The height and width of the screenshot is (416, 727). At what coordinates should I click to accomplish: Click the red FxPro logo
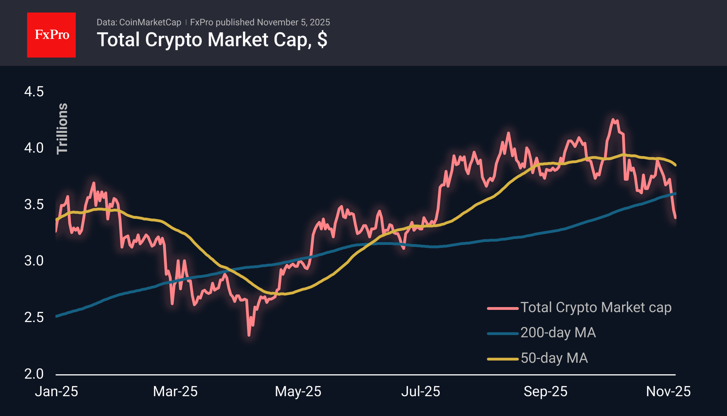click(x=51, y=35)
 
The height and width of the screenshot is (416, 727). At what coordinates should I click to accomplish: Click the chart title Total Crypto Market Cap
click(x=212, y=40)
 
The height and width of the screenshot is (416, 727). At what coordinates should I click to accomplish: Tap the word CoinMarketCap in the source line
click(x=150, y=22)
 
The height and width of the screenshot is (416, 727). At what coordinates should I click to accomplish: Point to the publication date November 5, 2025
click(x=293, y=22)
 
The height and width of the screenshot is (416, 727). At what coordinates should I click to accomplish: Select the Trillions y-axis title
click(x=62, y=129)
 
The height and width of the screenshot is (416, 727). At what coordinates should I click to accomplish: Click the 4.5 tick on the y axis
click(x=34, y=92)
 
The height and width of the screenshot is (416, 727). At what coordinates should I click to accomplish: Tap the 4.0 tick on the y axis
click(x=34, y=148)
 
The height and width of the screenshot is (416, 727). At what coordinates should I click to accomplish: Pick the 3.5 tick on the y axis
click(x=34, y=205)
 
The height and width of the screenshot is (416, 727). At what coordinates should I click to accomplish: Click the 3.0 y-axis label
click(x=34, y=261)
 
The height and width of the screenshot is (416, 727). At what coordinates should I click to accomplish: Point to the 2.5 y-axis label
click(x=34, y=317)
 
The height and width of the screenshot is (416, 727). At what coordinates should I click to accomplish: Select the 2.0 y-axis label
click(x=34, y=374)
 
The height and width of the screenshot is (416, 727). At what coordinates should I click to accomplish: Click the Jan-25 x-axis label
click(x=56, y=392)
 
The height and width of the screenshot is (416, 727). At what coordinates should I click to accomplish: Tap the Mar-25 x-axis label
click(x=175, y=392)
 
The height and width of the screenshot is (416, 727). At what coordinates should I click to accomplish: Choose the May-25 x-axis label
click(x=298, y=392)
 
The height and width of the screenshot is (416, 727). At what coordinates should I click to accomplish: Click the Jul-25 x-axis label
click(x=420, y=392)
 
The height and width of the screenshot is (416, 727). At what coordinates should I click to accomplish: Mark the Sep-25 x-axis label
click(x=545, y=392)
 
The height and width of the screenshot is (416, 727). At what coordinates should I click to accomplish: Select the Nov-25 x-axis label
click(x=668, y=392)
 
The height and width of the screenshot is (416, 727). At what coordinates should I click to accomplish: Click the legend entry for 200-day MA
click(x=558, y=333)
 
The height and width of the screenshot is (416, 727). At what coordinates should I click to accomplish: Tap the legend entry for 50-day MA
click(x=554, y=358)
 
